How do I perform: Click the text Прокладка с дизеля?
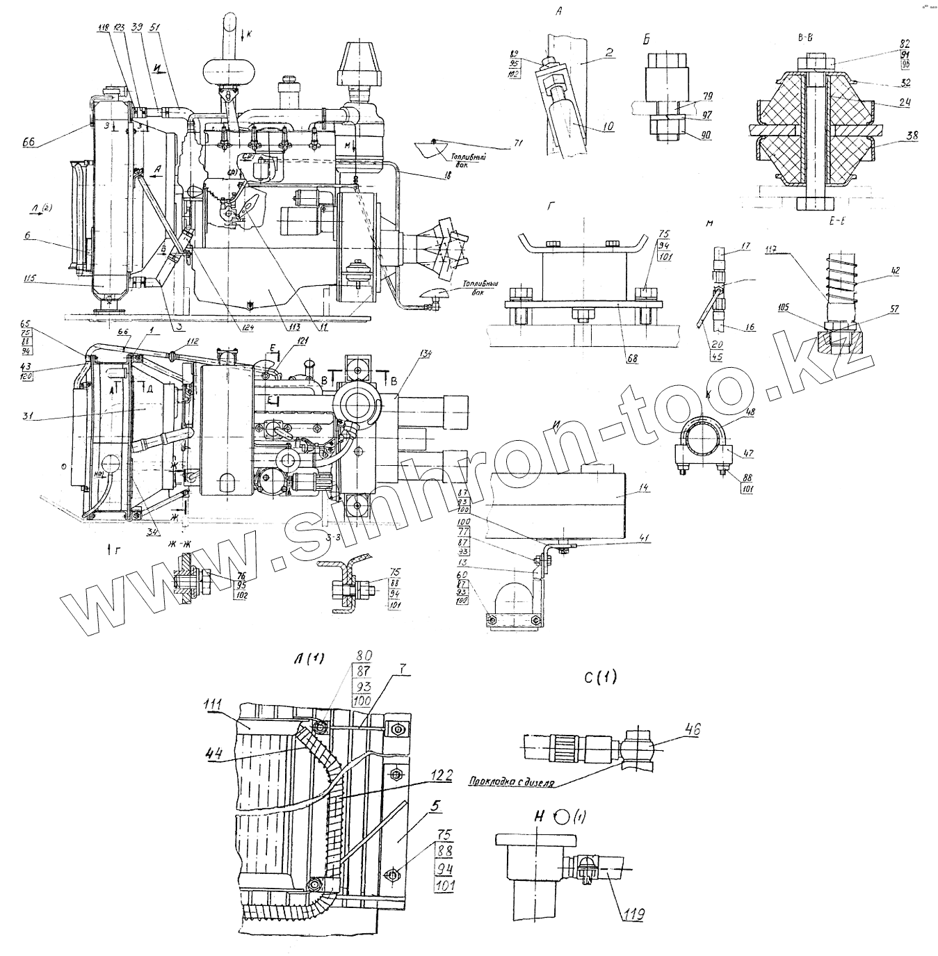(x=510, y=781)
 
